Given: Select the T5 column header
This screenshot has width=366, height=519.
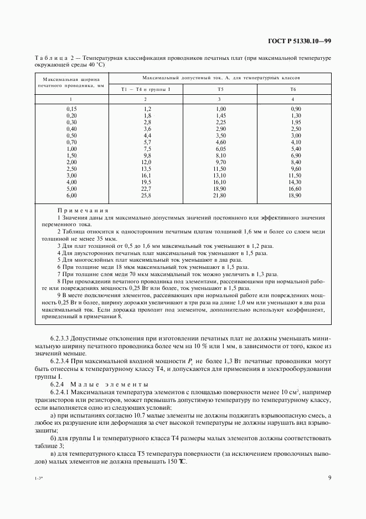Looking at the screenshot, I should pyautogui.click(x=220, y=89).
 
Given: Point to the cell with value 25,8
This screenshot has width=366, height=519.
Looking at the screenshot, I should pyautogui.click(x=147, y=196).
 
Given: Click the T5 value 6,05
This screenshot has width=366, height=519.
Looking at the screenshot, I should pyautogui.click(x=220, y=149).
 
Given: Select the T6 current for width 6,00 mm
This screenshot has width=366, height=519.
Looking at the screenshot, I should pyautogui.click(x=295, y=196).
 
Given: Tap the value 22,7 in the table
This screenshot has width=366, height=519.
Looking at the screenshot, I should pyautogui.click(x=147, y=189).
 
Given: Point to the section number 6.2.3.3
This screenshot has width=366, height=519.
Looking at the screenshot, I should pyautogui.click(x=63, y=338).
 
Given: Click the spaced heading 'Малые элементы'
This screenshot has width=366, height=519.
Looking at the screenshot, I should pyautogui.click(x=111, y=384).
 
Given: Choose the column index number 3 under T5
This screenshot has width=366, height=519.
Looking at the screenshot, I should pyautogui.click(x=220, y=99).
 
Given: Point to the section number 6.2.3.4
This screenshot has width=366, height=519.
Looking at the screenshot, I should pyautogui.click(x=63, y=361).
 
